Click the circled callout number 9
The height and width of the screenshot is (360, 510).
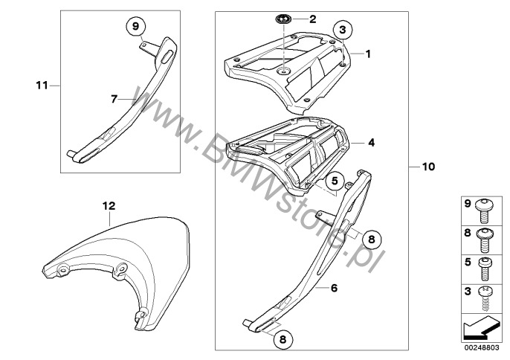[x=135, y=26]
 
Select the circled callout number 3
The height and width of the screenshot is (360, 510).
[x=343, y=30]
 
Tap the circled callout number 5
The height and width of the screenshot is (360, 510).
[x=335, y=181]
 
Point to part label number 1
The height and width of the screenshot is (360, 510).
[x=368, y=54]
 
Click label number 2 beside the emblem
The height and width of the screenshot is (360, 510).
[x=312, y=19]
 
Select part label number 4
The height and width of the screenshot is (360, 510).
[x=371, y=143]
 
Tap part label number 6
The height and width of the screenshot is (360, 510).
[x=334, y=288]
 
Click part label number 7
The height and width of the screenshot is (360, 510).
[x=114, y=99]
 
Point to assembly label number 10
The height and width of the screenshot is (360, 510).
[x=428, y=167]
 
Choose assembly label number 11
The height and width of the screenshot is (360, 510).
[x=42, y=86]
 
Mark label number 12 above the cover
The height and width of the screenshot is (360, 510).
[x=109, y=206]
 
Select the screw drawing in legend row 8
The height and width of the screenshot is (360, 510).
[x=484, y=240]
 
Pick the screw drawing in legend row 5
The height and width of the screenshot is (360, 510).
[x=484, y=269]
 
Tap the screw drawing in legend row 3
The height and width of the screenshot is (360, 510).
[x=485, y=298]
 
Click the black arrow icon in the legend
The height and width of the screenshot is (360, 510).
[x=481, y=329]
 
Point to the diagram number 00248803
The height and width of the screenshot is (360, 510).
[x=482, y=348]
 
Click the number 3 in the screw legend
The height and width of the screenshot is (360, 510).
[x=468, y=291]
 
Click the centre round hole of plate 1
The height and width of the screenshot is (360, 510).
[x=284, y=71]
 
